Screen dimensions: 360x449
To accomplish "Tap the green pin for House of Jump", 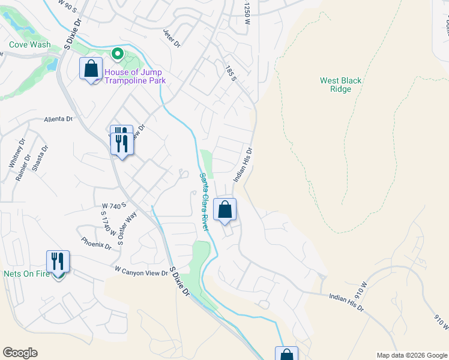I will point(118,55).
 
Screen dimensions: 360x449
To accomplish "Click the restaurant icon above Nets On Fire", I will point(58,262).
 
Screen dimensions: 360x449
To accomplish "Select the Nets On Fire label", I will point(26,274).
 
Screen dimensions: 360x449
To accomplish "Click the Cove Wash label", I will point(29,44).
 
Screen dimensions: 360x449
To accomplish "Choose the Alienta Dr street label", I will point(58,119).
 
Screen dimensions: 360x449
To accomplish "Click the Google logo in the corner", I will point(20,353).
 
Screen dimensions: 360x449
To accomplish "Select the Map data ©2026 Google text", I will point(411,355).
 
